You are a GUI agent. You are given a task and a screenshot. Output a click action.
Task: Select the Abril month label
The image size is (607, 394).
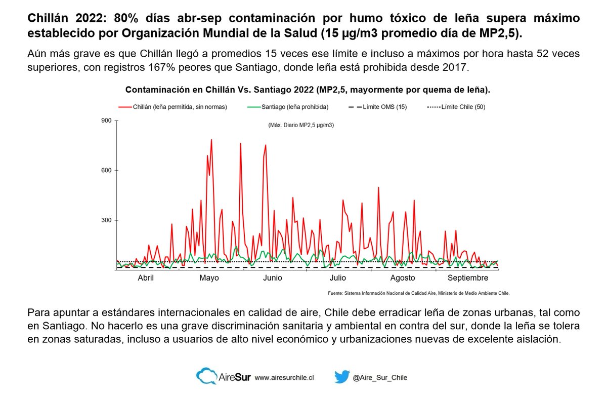pyautogui.click(x=146, y=278)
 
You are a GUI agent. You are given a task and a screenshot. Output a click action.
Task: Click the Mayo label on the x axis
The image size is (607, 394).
pyautogui.click(x=209, y=278)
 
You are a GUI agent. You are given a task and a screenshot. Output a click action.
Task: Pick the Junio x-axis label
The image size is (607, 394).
pyautogui.click(x=273, y=278)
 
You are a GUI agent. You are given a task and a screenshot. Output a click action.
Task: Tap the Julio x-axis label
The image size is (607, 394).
pyautogui.click(x=337, y=278)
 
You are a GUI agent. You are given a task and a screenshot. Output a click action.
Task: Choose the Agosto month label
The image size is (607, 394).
pyautogui.click(x=403, y=278)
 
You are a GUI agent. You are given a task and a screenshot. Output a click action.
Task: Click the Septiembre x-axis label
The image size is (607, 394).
pyautogui.click(x=468, y=278)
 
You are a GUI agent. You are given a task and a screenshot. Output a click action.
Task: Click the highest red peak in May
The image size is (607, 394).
pyautogui.click(x=211, y=140)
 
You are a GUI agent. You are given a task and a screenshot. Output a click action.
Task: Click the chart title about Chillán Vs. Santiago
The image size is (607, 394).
pyautogui.click(x=308, y=90)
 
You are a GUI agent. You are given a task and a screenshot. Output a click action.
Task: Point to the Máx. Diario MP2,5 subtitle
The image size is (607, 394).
pyautogui.click(x=301, y=125)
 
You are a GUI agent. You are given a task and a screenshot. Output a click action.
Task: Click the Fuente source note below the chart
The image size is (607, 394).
pyautogui.click(x=418, y=293)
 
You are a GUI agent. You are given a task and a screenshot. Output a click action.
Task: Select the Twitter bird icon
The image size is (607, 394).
pyautogui.click(x=342, y=377)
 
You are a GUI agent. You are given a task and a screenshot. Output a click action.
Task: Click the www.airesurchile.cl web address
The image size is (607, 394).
pyautogui.click(x=284, y=378)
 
